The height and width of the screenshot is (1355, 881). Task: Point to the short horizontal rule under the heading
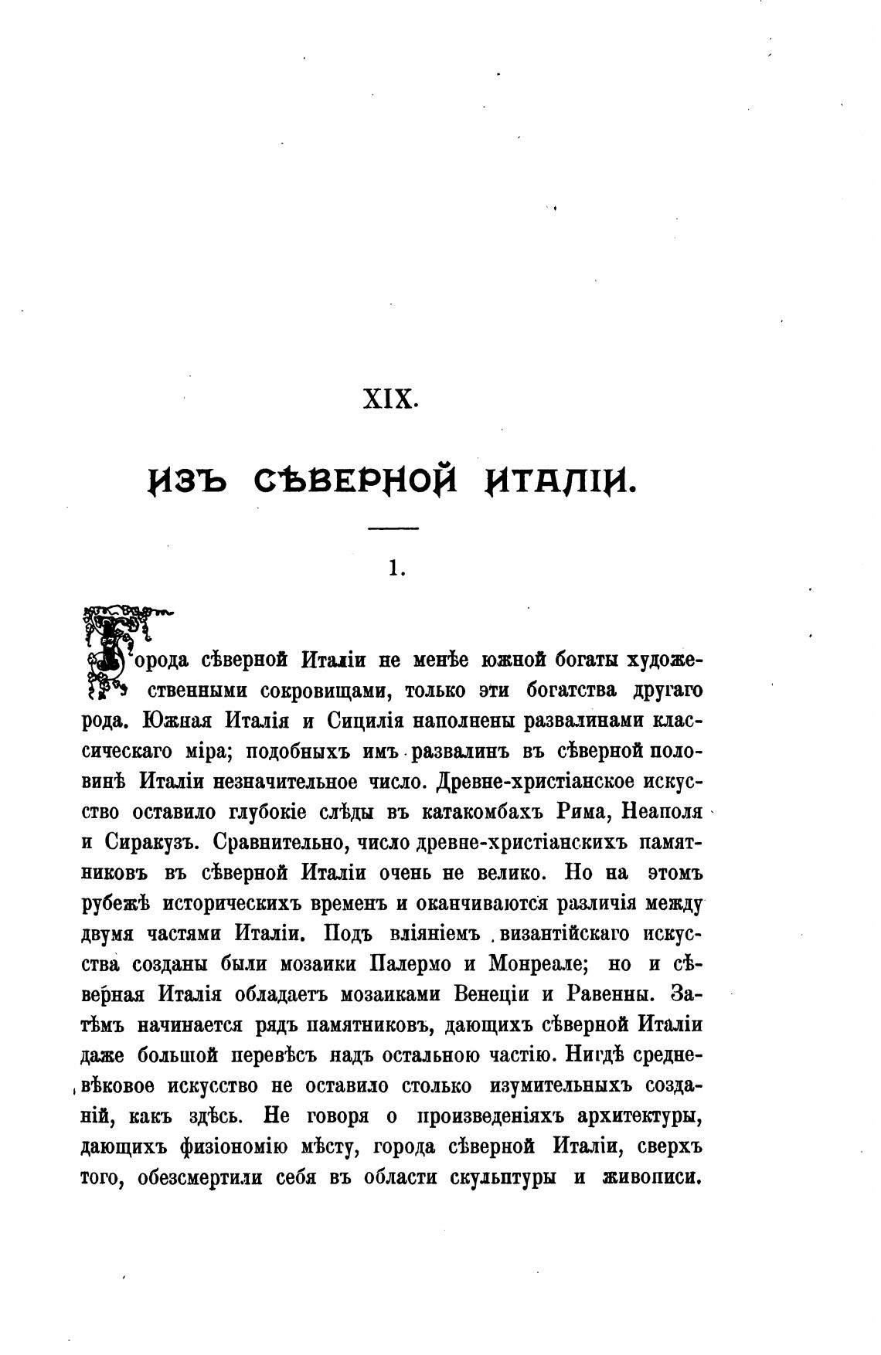393,528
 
